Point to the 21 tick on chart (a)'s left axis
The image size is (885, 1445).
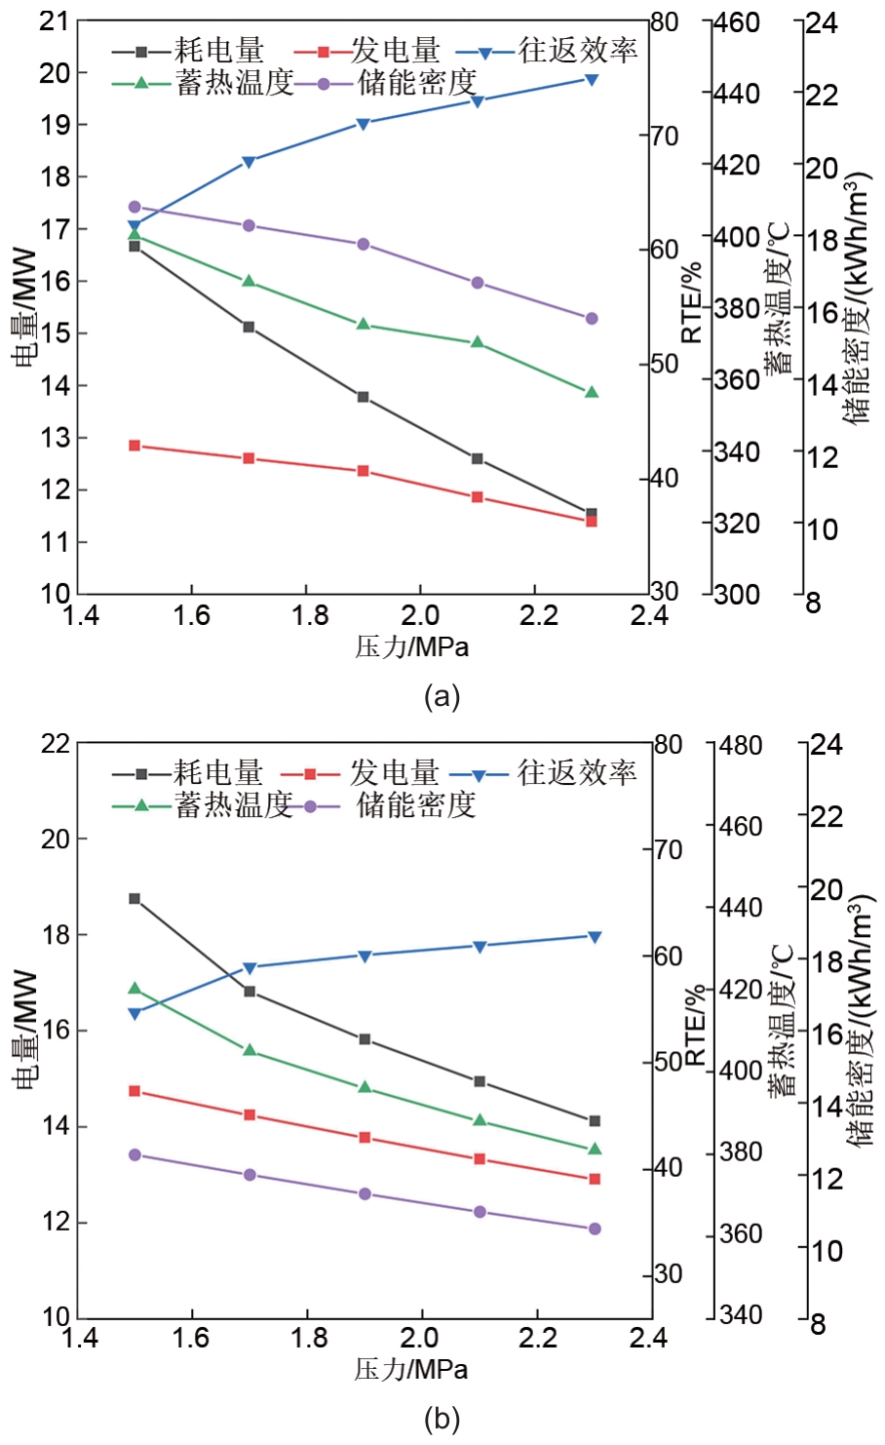click(55, 20)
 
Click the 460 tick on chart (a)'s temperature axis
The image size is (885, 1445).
click(737, 21)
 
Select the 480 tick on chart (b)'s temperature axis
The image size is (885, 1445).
click(741, 745)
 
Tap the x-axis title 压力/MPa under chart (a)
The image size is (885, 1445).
click(411, 645)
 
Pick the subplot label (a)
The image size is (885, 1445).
click(442, 697)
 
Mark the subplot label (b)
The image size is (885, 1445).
click(442, 1420)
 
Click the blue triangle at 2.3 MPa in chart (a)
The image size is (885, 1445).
click(591, 79)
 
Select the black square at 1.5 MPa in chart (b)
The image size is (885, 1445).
click(135, 898)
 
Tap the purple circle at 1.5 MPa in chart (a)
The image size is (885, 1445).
click(135, 207)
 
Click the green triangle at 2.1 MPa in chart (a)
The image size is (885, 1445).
click(478, 342)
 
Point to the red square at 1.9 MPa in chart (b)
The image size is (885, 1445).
click(365, 1138)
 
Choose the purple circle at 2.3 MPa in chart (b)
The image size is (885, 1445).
click(595, 1229)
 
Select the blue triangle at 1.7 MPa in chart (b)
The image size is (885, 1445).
click(250, 968)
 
